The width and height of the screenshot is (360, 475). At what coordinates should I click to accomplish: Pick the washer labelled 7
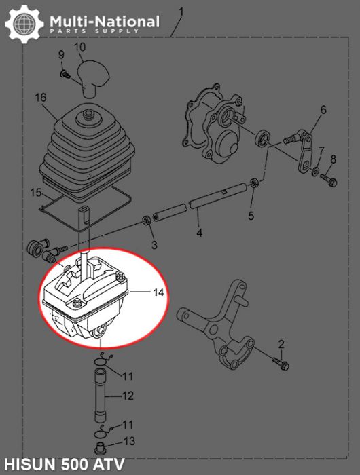tap(316, 168)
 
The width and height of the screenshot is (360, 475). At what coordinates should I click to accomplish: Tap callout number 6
tap(323, 109)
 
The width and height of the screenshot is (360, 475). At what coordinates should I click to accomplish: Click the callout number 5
tap(251, 216)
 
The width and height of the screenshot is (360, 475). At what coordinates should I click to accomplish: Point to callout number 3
tap(154, 244)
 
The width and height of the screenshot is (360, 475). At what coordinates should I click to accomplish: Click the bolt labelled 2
tap(281, 363)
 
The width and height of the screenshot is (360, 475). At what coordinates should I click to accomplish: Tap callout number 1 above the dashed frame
tap(181, 12)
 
